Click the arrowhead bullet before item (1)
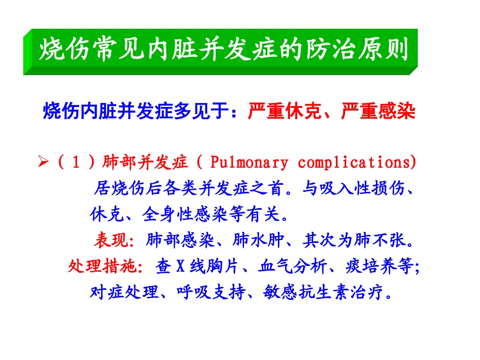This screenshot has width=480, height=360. point(42,163)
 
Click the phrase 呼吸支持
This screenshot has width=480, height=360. point(211,292)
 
